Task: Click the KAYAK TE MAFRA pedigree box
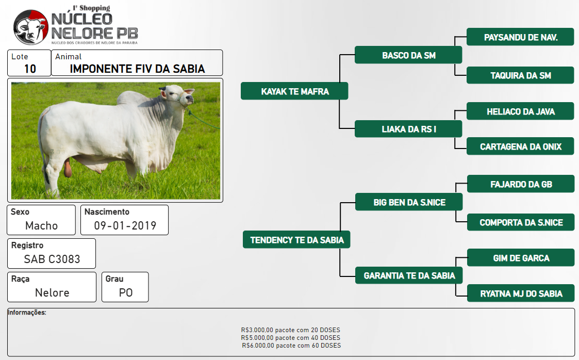(x=294, y=91)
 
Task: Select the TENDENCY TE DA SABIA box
(x=296, y=240)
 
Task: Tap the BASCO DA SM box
(x=408, y=55)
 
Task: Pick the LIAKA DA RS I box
(x=408, y=129)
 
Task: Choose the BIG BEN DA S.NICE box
(x=409, y=202)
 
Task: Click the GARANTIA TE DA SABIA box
(x=409, y=275)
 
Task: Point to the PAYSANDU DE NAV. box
(x=520, y=37)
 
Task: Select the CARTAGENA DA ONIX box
(x=520, y=146)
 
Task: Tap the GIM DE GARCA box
(x=521, y=258)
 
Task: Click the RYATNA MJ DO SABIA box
(x=521, y=293)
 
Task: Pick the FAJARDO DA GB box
(x=521, y=184)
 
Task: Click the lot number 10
(x=30, y=69)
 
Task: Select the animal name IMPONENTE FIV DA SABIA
(x=137, y=69)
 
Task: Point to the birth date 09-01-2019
(x=125, y=225)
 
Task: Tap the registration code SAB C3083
(x=52, y=259)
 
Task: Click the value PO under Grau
(x=126, y=292)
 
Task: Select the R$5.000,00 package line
(x=291, y=337)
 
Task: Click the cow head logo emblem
(x=31, y=27)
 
